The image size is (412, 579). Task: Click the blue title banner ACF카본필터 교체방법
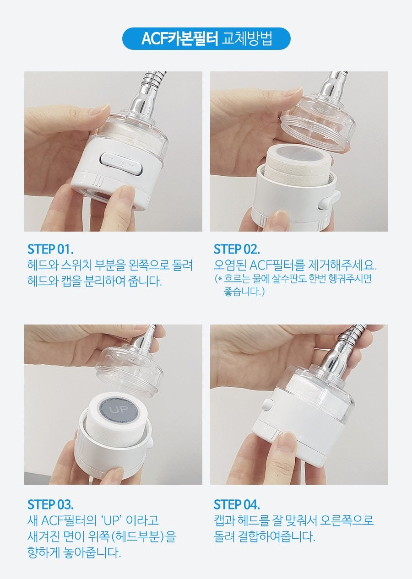click(x=206, y=38)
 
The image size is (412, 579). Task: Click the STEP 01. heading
click(x=50, y=249)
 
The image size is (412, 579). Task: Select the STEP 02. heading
click(x=237, y=249)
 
